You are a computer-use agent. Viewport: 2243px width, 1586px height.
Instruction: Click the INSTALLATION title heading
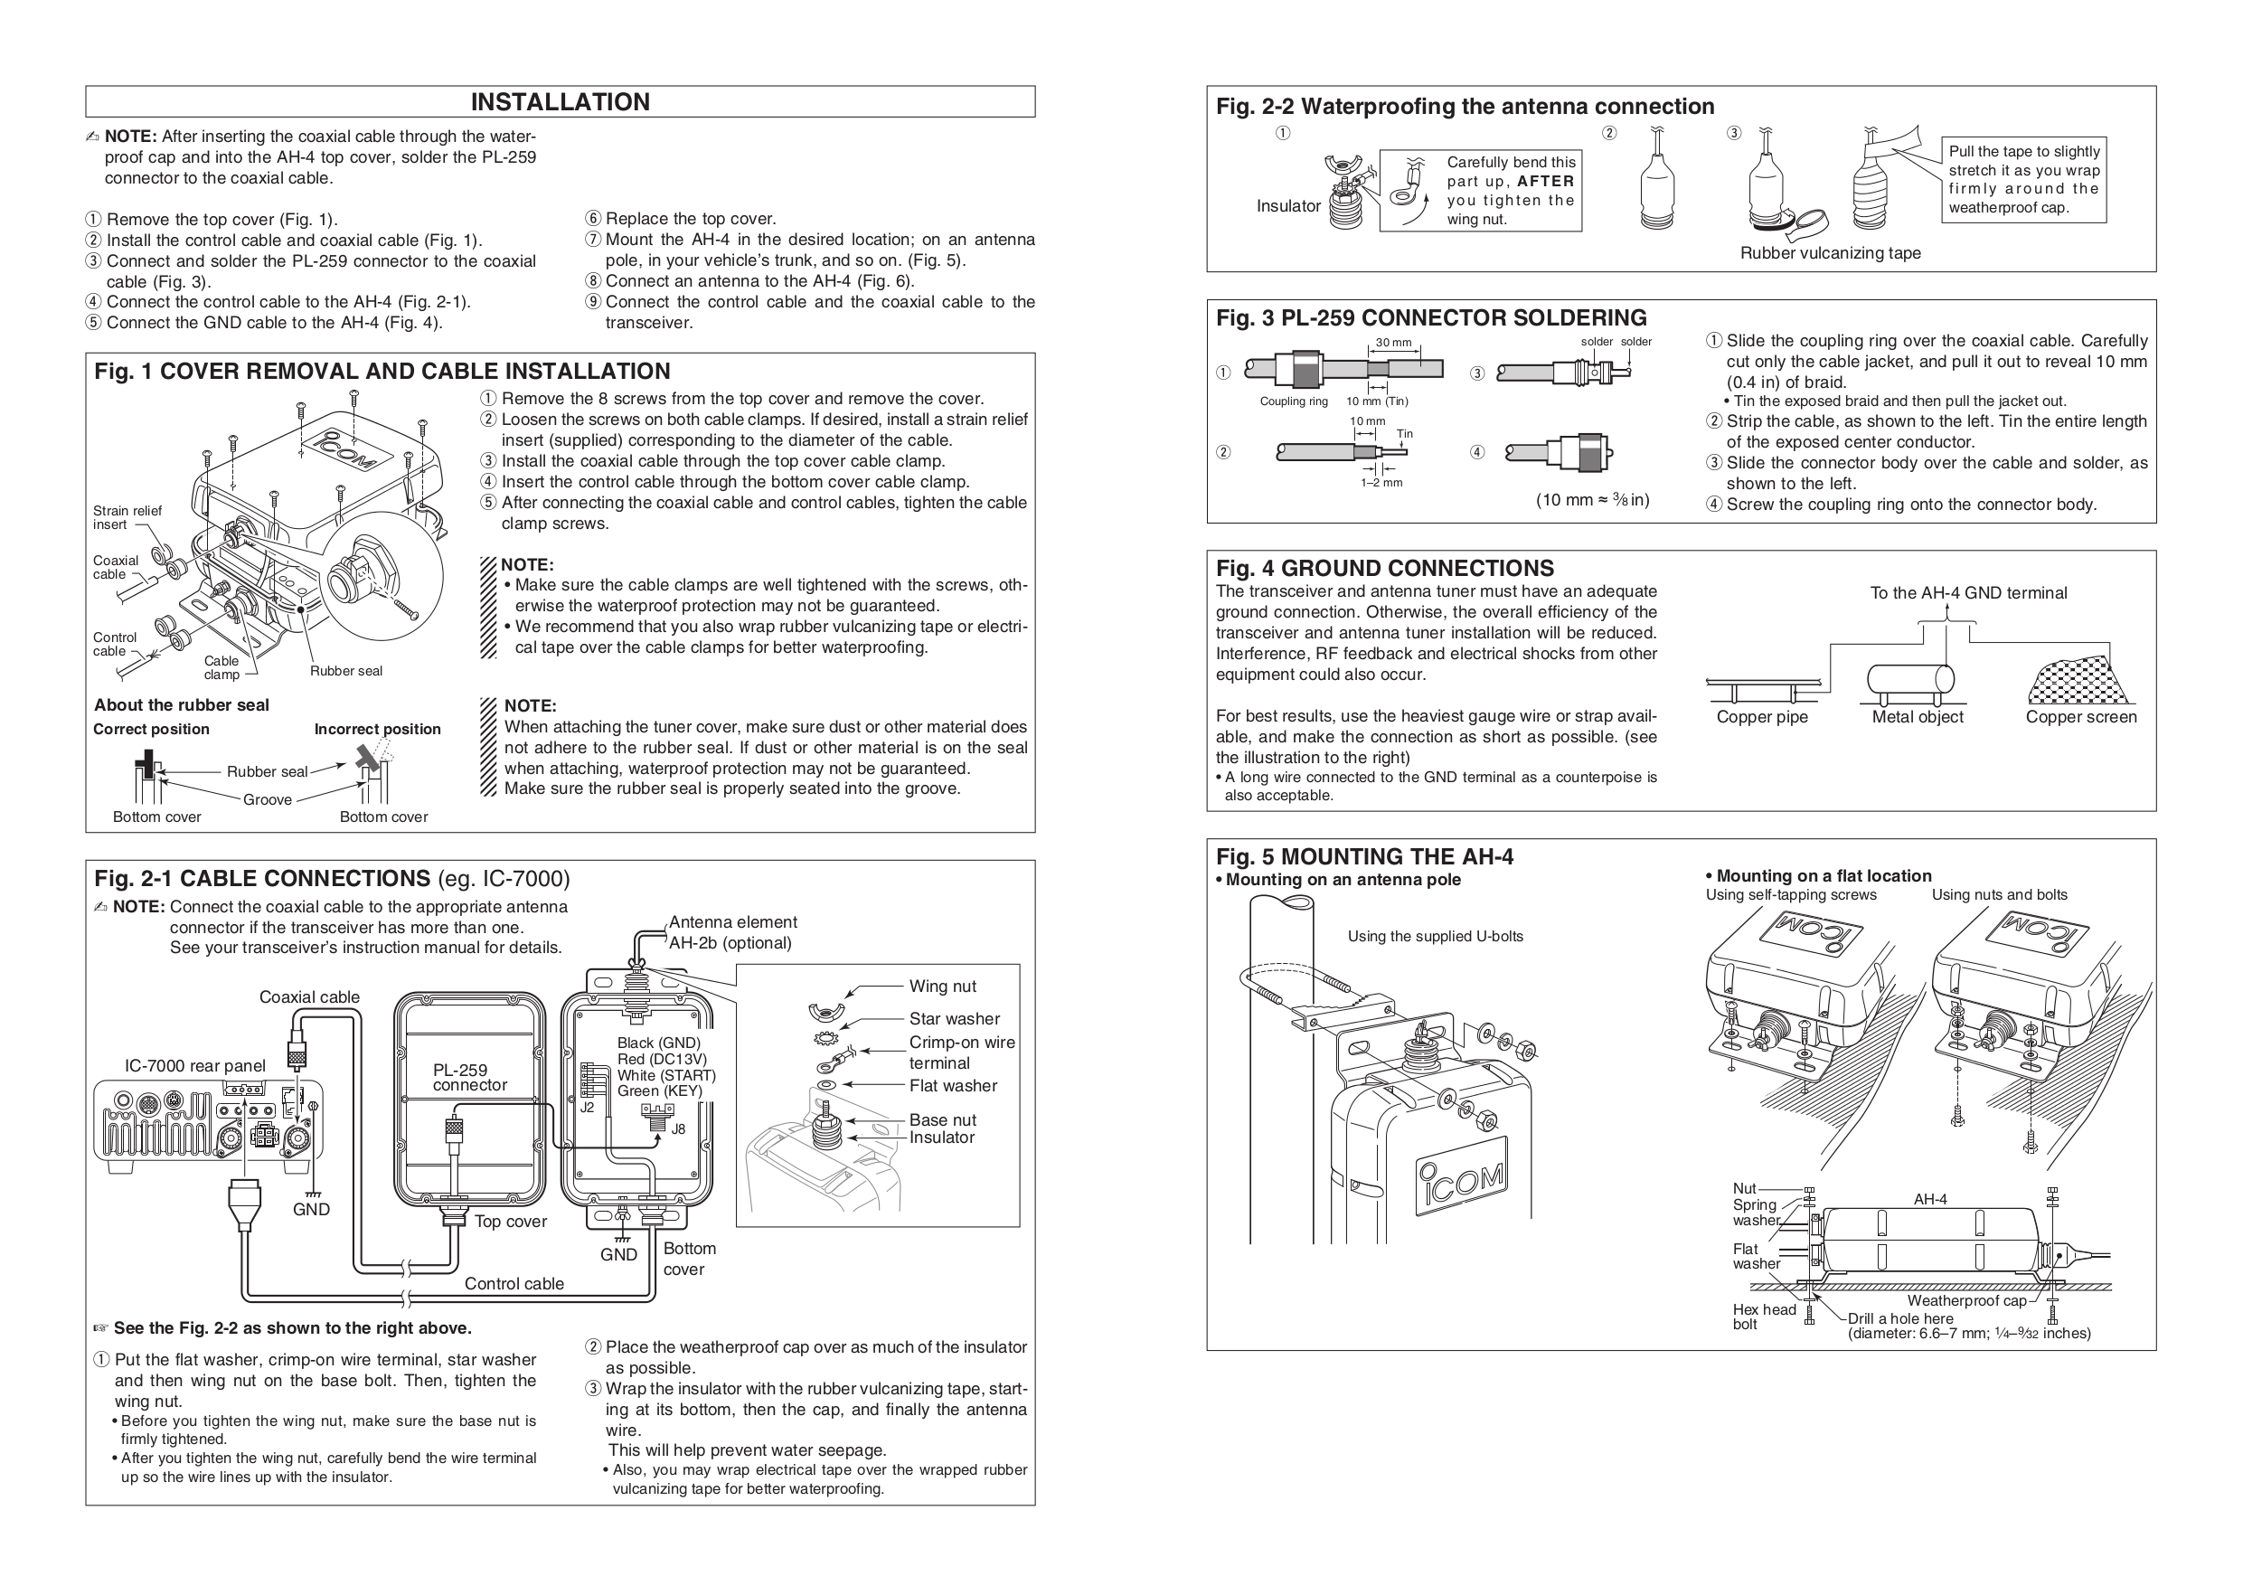[x=560, y=101]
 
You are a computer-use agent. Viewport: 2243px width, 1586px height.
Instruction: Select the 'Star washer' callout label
[x=954, y=1019]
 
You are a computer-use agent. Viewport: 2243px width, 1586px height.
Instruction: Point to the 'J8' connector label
[x=678, y=1128]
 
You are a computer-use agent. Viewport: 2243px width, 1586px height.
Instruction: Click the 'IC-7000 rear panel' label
[x=194, y=1066]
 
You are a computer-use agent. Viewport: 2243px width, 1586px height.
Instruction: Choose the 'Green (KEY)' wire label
[x=659, y=1090]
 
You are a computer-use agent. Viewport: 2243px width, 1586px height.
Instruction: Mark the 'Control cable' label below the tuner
[x=514, y=1284]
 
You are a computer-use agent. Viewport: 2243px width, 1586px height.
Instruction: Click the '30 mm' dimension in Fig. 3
[x=1394, y=343]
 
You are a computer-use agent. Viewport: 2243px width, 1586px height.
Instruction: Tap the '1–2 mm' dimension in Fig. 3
[x=1381, y=483]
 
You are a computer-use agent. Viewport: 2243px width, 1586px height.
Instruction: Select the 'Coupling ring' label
[x=1294, y=401]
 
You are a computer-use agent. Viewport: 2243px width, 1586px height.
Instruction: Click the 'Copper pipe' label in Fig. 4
[x=1761, y=717]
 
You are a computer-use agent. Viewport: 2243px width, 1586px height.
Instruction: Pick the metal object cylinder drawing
[x=1910, y=679]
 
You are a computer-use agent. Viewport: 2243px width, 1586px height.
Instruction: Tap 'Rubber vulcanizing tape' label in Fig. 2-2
[x=1830, y=253]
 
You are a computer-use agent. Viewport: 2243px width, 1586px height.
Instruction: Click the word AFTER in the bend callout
[x=1545, y=182]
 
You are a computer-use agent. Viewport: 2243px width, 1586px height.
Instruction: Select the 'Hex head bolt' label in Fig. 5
[x=1763, y=1317]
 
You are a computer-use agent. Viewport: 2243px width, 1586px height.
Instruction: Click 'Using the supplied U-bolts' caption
[x=1435, y=936]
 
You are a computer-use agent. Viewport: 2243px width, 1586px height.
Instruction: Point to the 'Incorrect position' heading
[x=377, y=729]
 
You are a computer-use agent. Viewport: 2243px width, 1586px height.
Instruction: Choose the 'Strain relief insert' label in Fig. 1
[x=127, y=517]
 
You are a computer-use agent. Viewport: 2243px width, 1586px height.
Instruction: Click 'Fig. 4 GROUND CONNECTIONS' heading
[x=1384, y=568]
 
